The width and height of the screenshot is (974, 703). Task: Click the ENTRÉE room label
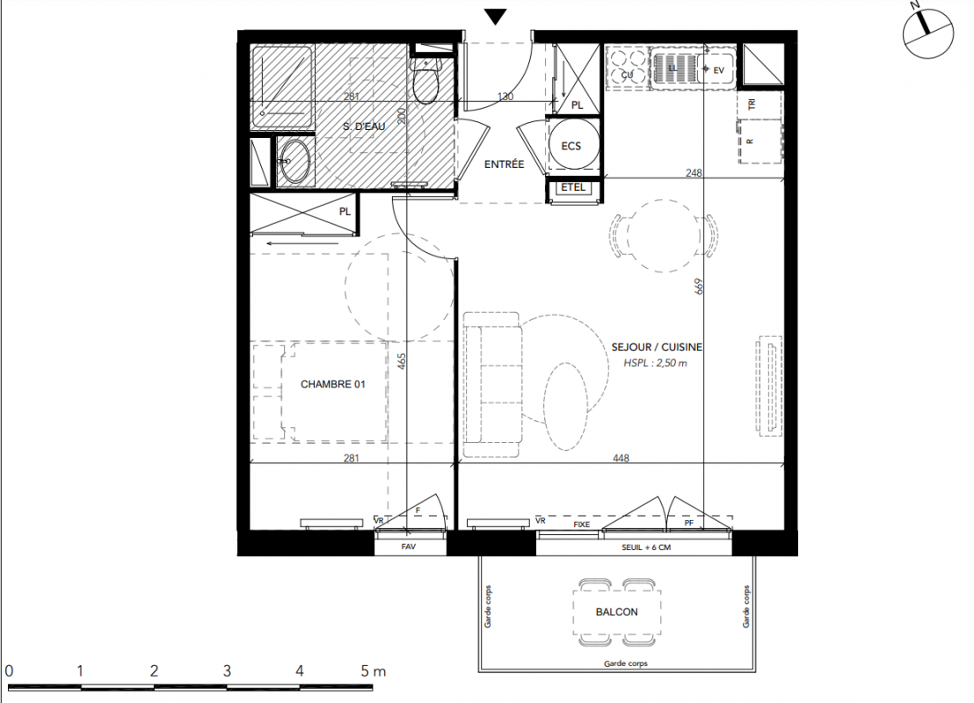504,164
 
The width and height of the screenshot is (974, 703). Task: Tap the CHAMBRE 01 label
333,384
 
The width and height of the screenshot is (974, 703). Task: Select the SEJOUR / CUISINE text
657,347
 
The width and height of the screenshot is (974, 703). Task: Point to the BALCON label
617,612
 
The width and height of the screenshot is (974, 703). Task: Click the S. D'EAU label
364,126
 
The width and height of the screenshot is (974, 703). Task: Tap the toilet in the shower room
426,81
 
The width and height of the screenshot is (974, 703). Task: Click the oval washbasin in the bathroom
294,161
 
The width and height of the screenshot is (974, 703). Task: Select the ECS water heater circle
574,143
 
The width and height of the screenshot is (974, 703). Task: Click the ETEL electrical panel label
573,186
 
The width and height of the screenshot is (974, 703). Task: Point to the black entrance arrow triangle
495,17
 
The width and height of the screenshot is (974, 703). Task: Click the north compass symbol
928,33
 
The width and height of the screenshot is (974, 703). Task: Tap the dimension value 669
699,286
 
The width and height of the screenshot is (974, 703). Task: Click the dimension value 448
621,458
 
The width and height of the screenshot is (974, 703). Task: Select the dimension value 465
401,361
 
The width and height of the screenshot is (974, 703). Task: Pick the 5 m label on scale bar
373,670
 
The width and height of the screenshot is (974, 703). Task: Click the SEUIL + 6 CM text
646,547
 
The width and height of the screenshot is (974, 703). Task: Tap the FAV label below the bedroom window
408,547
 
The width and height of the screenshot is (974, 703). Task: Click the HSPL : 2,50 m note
655,363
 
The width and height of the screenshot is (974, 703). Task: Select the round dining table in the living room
664,236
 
